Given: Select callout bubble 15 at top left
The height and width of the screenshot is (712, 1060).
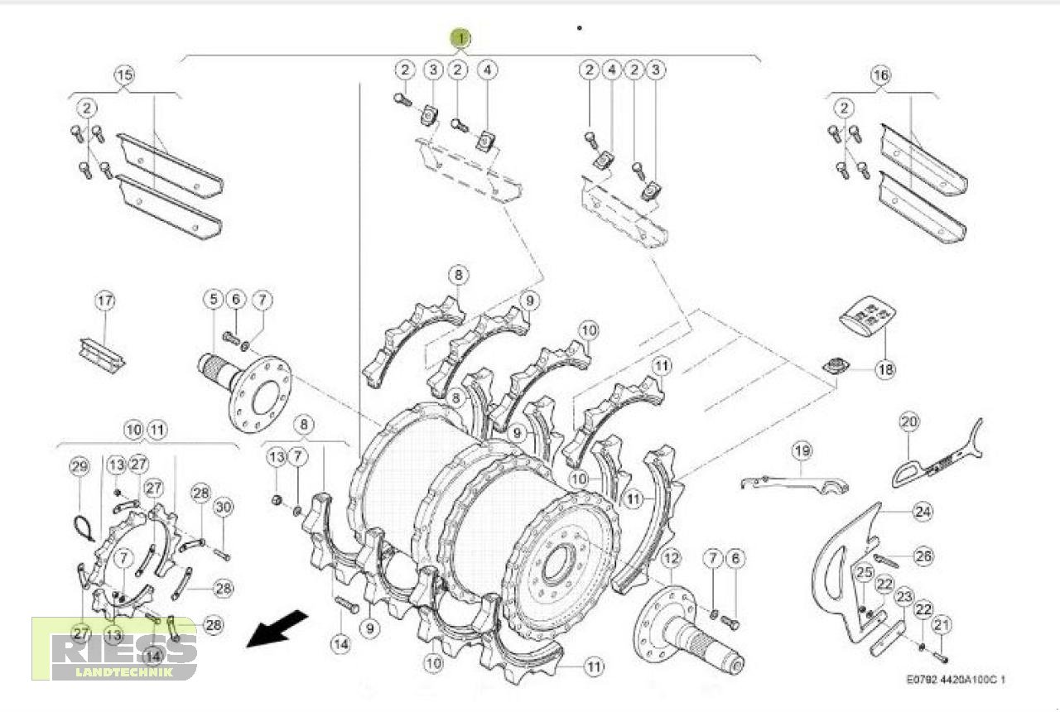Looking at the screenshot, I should pyautogui.click(x=123, y=75).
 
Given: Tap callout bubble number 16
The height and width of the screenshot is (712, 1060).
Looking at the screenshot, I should pyautogui.click(x=880, y=75).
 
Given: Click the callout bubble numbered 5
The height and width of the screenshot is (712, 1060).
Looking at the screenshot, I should pyautogui.click(x=214, y=298).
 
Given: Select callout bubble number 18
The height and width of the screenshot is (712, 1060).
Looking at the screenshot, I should pyautogui.click(x=884, y=370).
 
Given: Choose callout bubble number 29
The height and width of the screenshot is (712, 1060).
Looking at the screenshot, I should pyautogui.click(x=79, y=468).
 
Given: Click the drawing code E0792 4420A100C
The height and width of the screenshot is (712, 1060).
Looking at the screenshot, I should pyautogui.click(x=956, y=679).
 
